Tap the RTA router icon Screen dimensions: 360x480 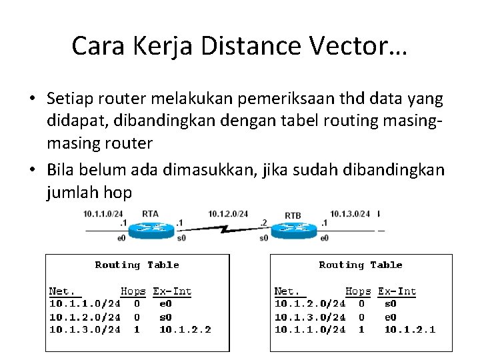coord(149,228)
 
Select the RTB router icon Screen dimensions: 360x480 coord(293,229)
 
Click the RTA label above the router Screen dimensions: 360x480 coord(150,214)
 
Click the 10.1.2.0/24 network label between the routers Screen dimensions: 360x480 coord(228,214)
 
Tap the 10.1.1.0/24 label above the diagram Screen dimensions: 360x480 coord(103,214)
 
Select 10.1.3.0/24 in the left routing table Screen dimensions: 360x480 coord(85,329)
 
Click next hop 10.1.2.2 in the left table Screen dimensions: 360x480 coord(185,329)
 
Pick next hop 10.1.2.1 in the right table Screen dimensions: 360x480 coord(410,329)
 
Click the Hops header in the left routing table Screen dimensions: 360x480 coord(133,291)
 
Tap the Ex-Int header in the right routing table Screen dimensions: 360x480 coord(397,291)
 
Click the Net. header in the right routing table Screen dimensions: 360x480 coord(288,291)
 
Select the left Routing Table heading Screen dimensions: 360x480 coord(137,265)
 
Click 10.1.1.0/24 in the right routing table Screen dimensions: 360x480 coord(310,329)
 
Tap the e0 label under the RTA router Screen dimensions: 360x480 coord(121,237)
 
